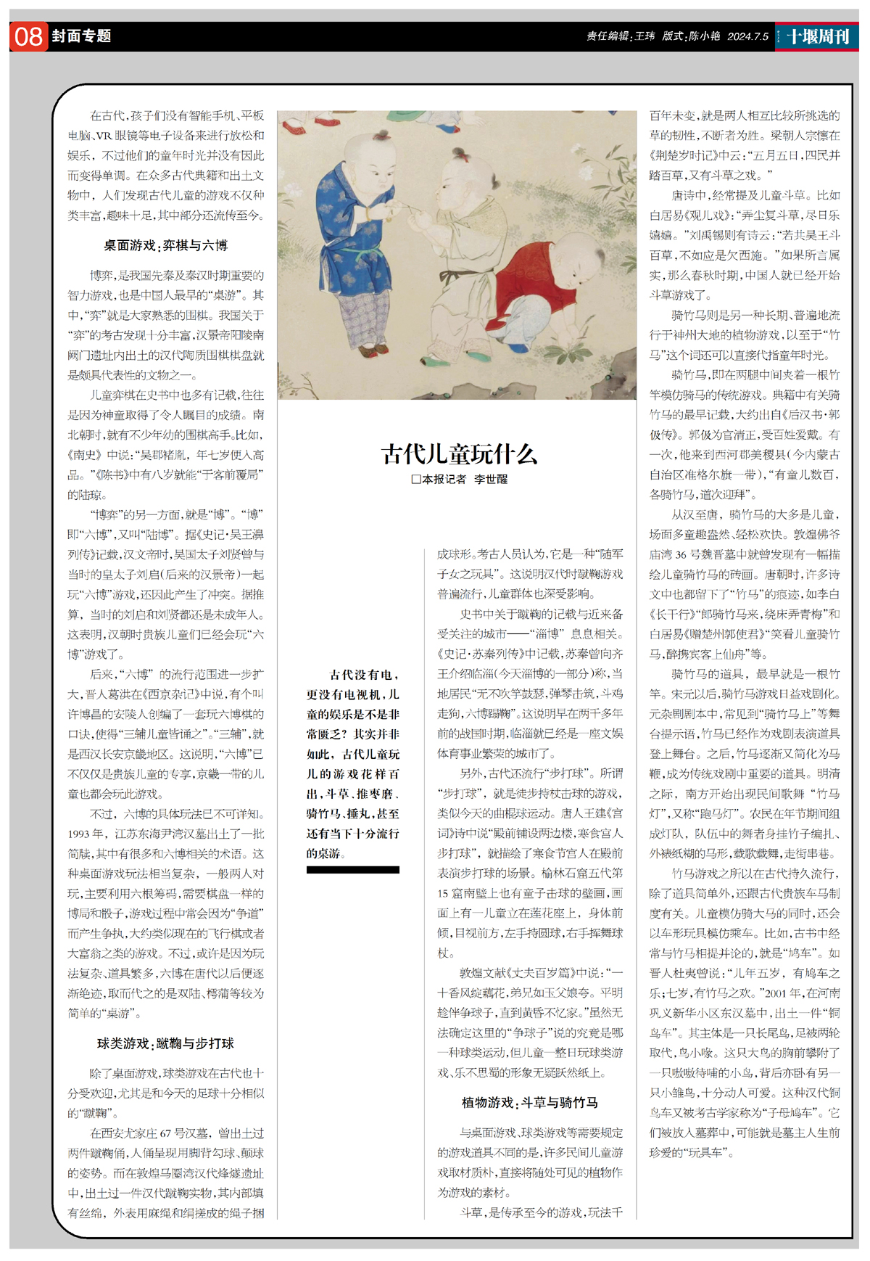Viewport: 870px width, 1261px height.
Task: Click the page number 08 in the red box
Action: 29,36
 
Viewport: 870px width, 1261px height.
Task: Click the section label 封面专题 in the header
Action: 82,36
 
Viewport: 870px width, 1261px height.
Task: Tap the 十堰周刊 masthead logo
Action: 818,36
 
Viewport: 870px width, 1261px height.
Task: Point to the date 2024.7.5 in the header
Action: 747,36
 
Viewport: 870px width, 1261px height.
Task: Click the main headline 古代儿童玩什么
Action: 459,454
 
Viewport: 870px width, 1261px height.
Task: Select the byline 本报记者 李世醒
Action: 464,480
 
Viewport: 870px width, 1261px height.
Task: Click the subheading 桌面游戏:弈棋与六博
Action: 165,246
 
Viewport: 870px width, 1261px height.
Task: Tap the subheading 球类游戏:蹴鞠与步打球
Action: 165,1043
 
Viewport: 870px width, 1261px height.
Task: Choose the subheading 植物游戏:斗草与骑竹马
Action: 529,1103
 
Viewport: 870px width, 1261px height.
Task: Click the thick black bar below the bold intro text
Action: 352,869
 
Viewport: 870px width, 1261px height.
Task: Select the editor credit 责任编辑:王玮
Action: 620,36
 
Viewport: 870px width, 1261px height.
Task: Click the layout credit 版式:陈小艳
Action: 690,36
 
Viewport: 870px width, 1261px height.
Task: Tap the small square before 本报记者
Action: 416,480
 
